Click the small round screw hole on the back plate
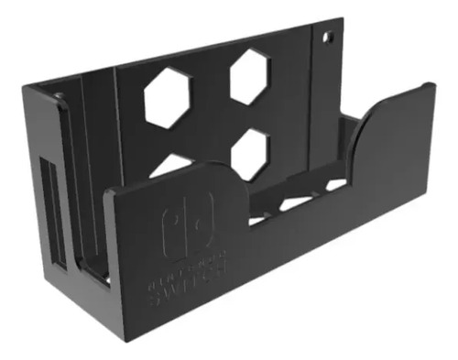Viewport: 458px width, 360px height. point(327,38)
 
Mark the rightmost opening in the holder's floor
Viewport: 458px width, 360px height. point(336,185)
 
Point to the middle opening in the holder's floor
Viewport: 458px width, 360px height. point(295,202)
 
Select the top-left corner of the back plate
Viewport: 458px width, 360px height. point(26,85)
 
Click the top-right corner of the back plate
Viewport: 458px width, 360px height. point(338,18)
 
